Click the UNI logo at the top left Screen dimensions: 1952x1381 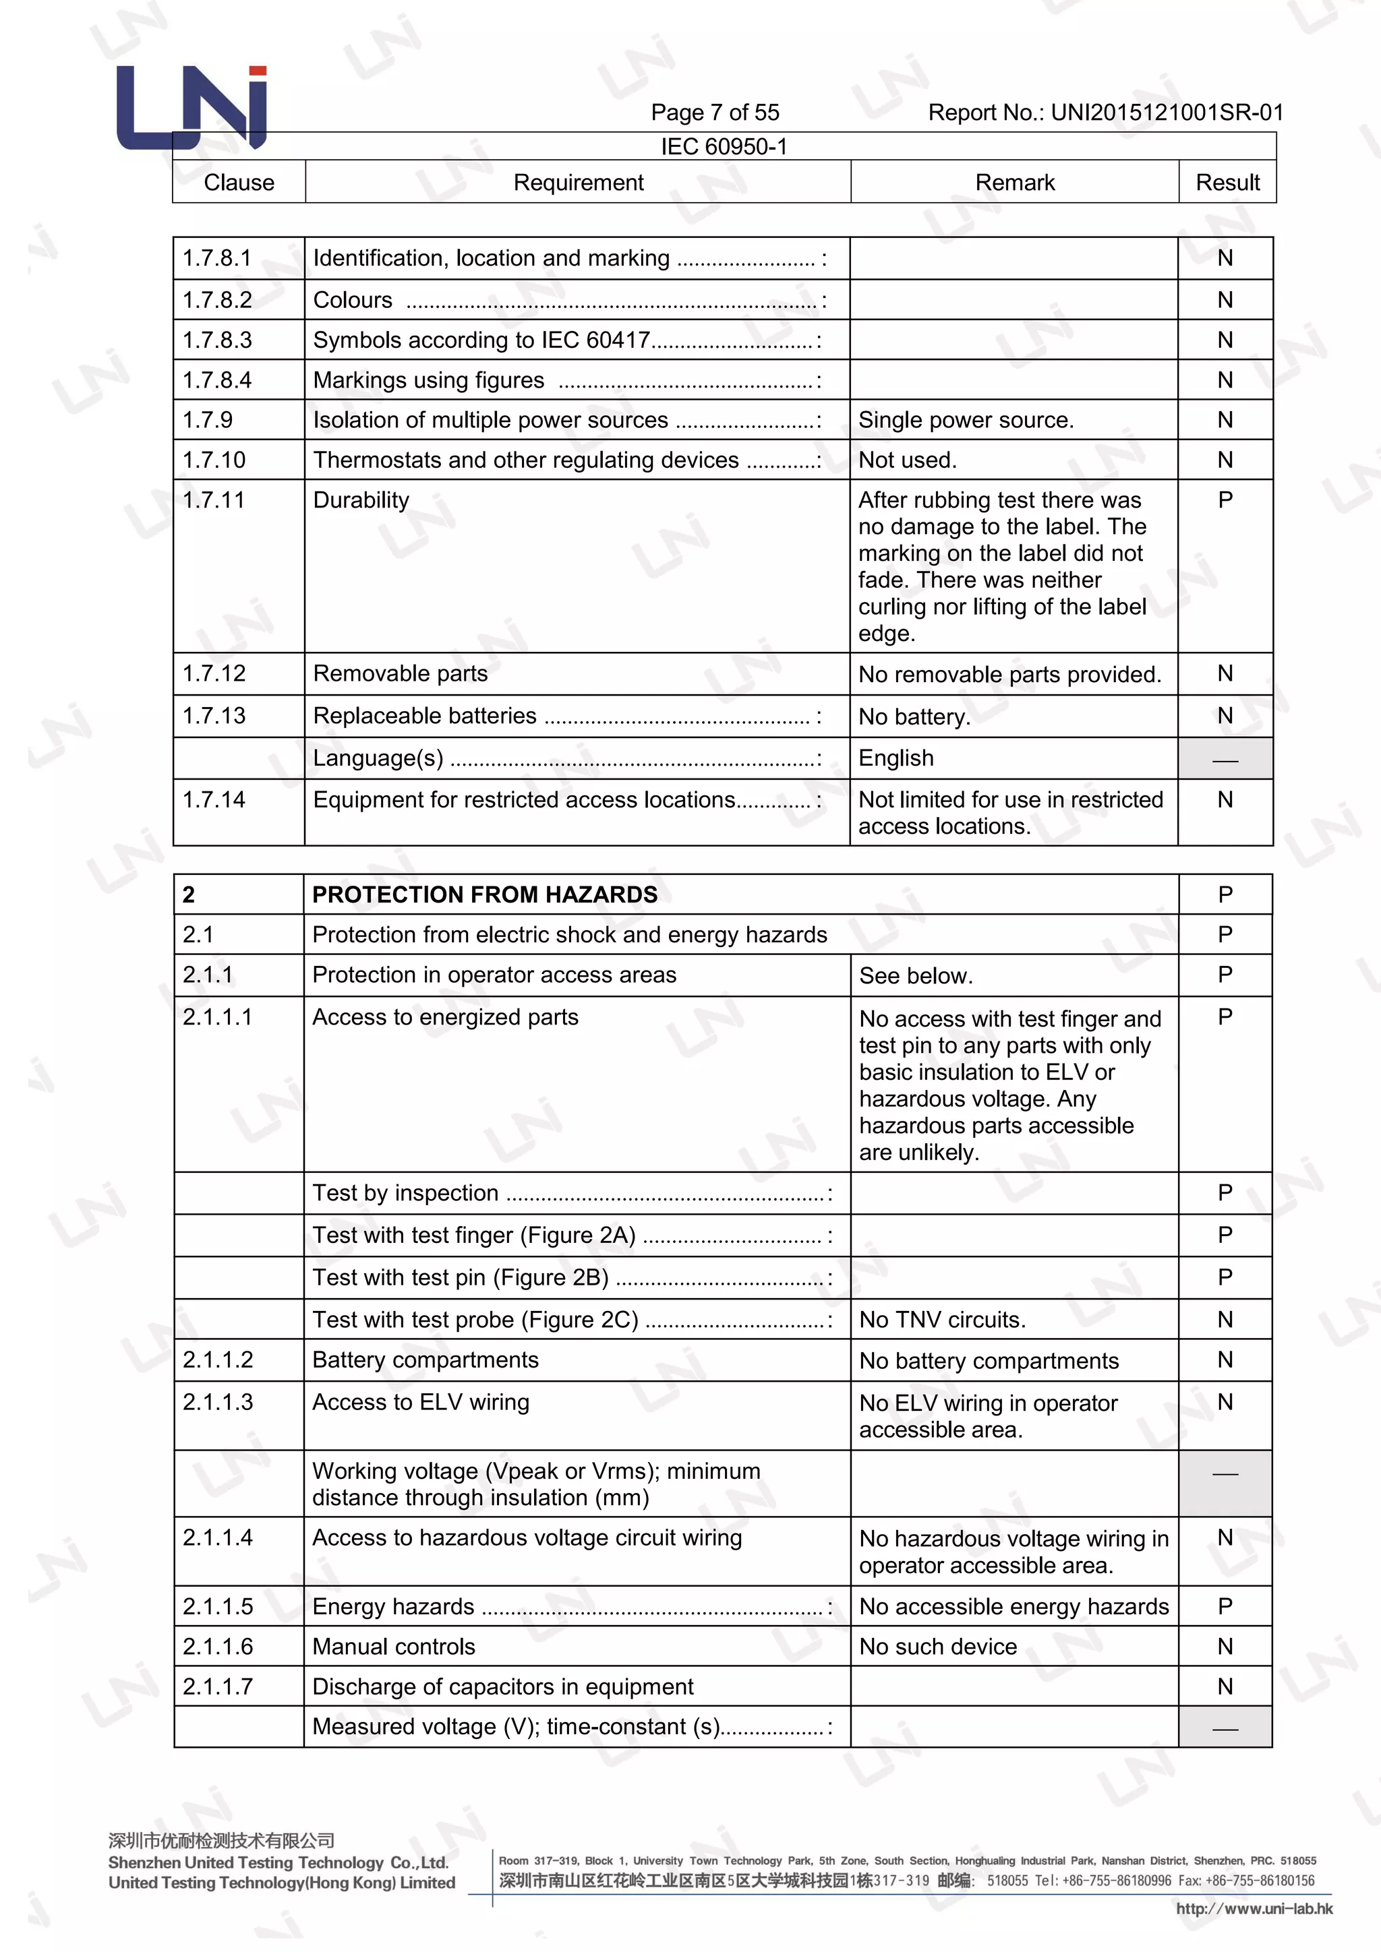(x=192, y=108)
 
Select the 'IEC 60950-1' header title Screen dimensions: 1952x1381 (x=724, y=146)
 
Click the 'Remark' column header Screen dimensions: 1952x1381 (x=1013, y=182)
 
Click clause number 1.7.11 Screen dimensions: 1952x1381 (x=214, y=500)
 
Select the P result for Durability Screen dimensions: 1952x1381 (x=1225, y=500)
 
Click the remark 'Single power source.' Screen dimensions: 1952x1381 (x=965, y=420)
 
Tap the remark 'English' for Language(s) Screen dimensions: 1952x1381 (x=895, y=758)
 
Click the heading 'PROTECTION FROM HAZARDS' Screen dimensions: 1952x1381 (x=485, y=894)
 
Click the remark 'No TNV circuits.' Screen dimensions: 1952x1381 (x=942, y=1320)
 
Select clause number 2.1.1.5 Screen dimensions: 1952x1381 (x=218, y=1606)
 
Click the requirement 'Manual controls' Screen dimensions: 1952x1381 (x=394, y=1646)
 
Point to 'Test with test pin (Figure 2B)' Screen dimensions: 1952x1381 (x=460, y=1277)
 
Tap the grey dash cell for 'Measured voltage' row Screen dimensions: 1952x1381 (x=1225, y=1727)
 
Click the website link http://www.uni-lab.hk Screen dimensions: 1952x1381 (x=1254, y=1909)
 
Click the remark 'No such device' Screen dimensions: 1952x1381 (x=937, y=1647)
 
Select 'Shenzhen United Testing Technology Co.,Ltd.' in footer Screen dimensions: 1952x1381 (x=278, y=1862)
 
